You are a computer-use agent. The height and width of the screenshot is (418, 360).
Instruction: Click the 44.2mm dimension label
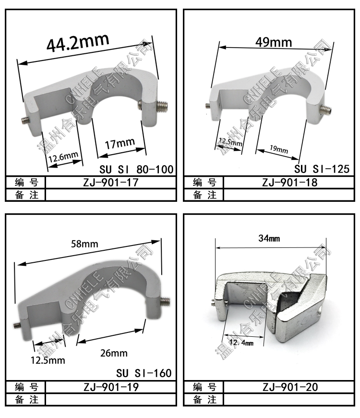pos(78,42)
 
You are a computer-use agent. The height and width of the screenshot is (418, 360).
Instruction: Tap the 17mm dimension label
pos(120,144)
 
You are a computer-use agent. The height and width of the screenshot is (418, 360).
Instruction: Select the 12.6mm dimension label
pos(63,157)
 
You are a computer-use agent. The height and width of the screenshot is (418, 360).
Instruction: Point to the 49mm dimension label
pos(274,42)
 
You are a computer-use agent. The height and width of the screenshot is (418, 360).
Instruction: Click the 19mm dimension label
pos(279,149)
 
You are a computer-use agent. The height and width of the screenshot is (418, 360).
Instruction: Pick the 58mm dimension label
pos(84,244)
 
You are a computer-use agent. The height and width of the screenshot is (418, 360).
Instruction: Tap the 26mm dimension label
pos(114,353)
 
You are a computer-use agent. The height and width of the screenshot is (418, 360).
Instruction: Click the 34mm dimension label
pos(269,238)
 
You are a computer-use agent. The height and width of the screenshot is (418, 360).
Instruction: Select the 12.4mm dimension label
pos(241,343)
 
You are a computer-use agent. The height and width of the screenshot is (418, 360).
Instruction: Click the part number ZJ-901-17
pos(111,183)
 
